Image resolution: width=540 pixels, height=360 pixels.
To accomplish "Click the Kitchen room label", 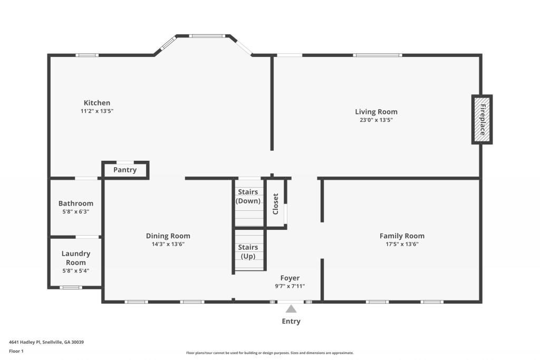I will (97, 103).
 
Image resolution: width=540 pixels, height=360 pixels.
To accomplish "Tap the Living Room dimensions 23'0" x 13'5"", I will (376, 120).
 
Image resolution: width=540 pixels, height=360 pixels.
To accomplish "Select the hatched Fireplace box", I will (481, 120).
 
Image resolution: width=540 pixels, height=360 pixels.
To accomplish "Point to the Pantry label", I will (125, 170).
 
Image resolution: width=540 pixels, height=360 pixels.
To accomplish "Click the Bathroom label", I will (76, 203).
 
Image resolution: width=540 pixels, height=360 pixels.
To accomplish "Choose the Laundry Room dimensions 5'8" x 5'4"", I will (76, 271).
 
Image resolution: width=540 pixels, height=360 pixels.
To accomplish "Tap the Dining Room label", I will (168, 236).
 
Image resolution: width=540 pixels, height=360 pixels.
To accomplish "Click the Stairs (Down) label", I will (248, 196).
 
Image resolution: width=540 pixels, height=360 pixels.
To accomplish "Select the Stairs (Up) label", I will (248, 251).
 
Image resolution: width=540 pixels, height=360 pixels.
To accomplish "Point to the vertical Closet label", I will (275, 204).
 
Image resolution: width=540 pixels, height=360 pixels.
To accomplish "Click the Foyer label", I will (290, 278).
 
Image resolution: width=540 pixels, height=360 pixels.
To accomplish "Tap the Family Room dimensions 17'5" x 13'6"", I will (402, 244).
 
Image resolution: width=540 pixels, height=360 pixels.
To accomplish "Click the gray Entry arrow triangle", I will (291, 309).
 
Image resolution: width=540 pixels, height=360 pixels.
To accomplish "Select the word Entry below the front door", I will (291, 321).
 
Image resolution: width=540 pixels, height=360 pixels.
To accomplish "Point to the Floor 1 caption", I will (16, 351).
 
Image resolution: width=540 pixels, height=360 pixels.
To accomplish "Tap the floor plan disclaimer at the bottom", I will (269, 353).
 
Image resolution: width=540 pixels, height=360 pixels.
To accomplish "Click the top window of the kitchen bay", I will (208, 36).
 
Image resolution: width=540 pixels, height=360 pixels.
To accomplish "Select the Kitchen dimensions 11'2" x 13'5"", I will (97, 111).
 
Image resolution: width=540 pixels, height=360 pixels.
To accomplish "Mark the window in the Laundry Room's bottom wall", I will (70, 287).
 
